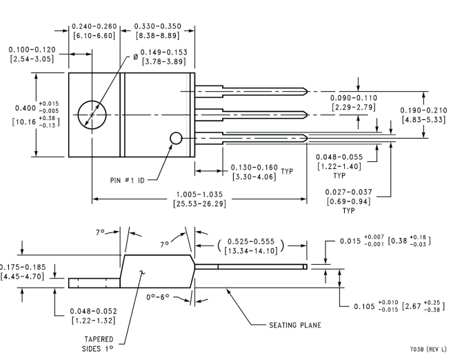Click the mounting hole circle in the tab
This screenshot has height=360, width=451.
tap(92, 101)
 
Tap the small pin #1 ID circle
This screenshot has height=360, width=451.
tap(176, 132)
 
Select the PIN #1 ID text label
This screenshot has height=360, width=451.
tap(128, 180)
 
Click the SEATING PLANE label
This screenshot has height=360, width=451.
tap(295, 326)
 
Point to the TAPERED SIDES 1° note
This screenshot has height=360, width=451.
tap(99, 344)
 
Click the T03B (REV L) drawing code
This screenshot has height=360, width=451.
tap(428, 350)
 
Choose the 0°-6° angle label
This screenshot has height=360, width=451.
tap(158, 297)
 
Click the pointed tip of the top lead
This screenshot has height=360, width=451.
tap(307, 92)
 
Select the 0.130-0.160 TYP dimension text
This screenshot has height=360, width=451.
tap(262, 172)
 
